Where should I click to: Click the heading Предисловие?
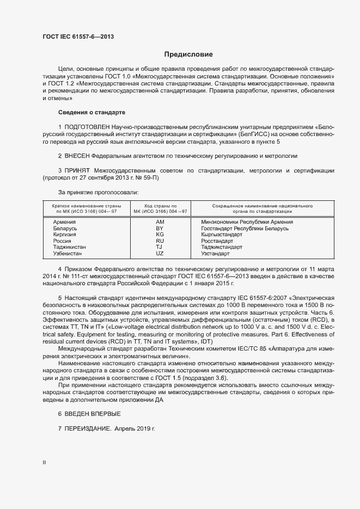(x=189, y=54)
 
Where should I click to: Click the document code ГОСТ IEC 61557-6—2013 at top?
(x=78, y=37)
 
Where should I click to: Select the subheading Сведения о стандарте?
(x=91, y=112)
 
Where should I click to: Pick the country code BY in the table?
(x=160, y=229)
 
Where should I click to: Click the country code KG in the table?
(x=160, y=235)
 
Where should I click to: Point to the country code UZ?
(x=160, y=254)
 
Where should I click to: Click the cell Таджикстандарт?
(x=222, y=247)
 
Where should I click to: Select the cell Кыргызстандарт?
(x=222, y=235)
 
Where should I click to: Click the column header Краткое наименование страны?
(x=86, y=206)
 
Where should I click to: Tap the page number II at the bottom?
(x=44, y=463)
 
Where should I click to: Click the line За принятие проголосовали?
(x=98, y=192)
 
